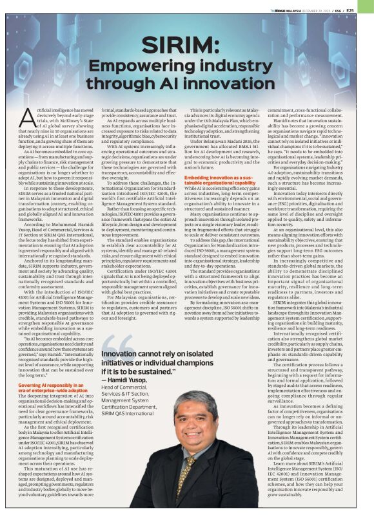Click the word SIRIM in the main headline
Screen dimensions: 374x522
point(187,46)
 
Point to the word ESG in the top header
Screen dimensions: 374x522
point(346,10)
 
